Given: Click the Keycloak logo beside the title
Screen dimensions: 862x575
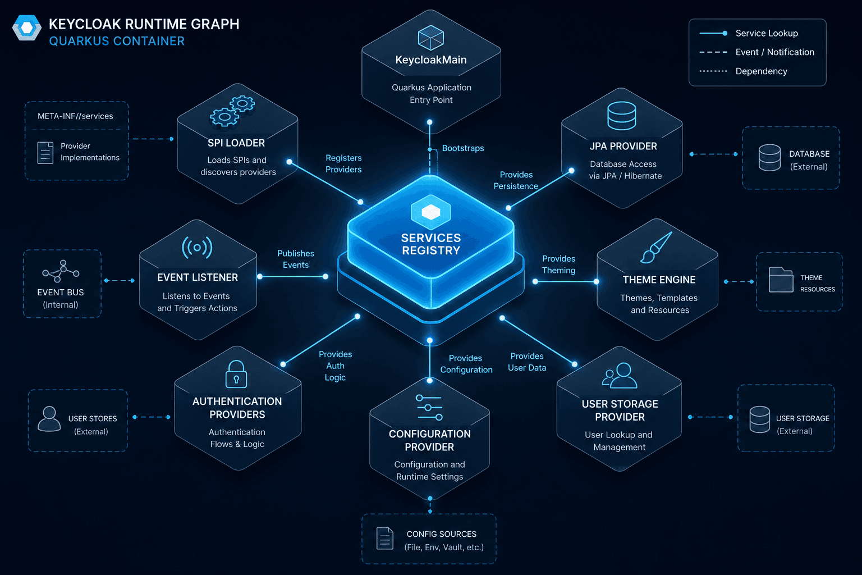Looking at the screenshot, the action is coord(26,28).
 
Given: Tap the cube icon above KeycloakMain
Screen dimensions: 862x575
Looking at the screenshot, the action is coord(430,38).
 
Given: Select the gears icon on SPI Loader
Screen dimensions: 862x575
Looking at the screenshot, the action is coord(232,111).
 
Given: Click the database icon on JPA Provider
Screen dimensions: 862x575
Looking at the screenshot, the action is coord(621,116).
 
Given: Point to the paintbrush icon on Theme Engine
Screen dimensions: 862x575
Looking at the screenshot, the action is coord(656,247).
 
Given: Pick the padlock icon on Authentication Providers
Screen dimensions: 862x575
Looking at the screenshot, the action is coord(236,374).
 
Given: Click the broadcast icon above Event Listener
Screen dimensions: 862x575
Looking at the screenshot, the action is coord(197,247).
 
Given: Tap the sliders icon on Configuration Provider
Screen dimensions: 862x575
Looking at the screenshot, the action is coord(429,408).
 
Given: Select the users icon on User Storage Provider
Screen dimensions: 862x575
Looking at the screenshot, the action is coord(620,375).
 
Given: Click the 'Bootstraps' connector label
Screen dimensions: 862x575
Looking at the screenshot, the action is coord(463,148).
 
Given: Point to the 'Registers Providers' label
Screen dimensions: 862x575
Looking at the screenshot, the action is coord(343,163).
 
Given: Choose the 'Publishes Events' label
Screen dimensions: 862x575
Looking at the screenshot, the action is coord(296,259).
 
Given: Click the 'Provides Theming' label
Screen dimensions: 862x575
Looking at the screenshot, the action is coord(558,264).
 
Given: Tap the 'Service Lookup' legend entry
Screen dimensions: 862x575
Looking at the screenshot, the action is coord(748,34).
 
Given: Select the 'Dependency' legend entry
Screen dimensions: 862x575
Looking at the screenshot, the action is coord(743,71).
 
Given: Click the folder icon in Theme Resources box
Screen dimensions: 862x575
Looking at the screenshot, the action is coord(781,280).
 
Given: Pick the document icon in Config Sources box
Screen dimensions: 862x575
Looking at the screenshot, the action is coord(385,539).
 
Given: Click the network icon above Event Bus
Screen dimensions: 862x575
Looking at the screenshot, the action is coord(61,271).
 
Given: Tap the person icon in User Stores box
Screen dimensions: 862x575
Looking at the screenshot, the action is coord(49,419).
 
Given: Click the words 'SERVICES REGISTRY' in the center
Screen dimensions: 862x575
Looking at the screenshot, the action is coord(431,244).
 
